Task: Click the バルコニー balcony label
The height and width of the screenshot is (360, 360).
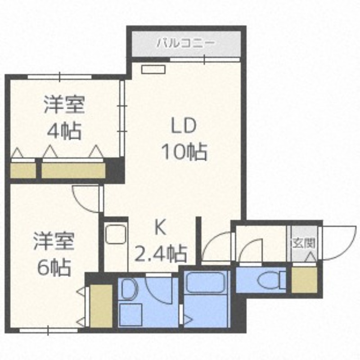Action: [186, 43]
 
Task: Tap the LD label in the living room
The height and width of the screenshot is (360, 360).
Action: [184, 126]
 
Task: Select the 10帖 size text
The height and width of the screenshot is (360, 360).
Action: [184, 152]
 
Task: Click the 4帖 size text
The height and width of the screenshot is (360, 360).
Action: [64, 131]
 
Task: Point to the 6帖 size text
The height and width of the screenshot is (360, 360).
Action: [54, 267]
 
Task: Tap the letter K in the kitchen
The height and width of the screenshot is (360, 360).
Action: [160, 227]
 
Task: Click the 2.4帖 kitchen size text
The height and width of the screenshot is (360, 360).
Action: [160, 254]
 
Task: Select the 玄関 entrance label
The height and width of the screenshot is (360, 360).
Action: [303, 243]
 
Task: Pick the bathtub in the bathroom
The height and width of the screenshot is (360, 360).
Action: [205, 283]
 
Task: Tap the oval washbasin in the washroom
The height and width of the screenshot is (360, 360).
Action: [129, 289]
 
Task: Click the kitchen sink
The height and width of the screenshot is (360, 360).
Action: [116, 234]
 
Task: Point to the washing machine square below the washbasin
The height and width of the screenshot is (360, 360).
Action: [130, 315]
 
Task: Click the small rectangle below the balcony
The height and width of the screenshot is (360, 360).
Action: [153, 70]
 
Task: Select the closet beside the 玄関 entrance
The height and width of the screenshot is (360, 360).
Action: [304, 280]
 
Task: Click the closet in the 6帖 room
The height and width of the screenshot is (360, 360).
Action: [101, 306]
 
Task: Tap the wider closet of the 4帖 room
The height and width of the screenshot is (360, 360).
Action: [73, 171]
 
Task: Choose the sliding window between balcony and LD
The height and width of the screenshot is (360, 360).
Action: [205, 60]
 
